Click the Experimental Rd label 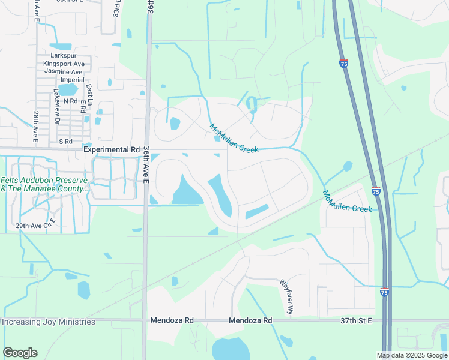click(112, 149)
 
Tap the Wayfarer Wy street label click(286, 296)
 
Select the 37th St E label click(356, 321)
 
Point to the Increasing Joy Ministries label click(48, 322)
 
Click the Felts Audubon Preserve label click(44, 180)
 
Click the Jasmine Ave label click(63, 71)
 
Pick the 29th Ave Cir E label click(37, 225)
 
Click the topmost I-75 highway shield click(343, 63)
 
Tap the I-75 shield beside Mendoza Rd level click(384, 292)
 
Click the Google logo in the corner click(19, 353)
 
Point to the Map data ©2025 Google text click(412, 355)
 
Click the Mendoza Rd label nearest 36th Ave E click(172, 321)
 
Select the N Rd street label click(68, 101)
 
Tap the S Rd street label click(65, 142)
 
